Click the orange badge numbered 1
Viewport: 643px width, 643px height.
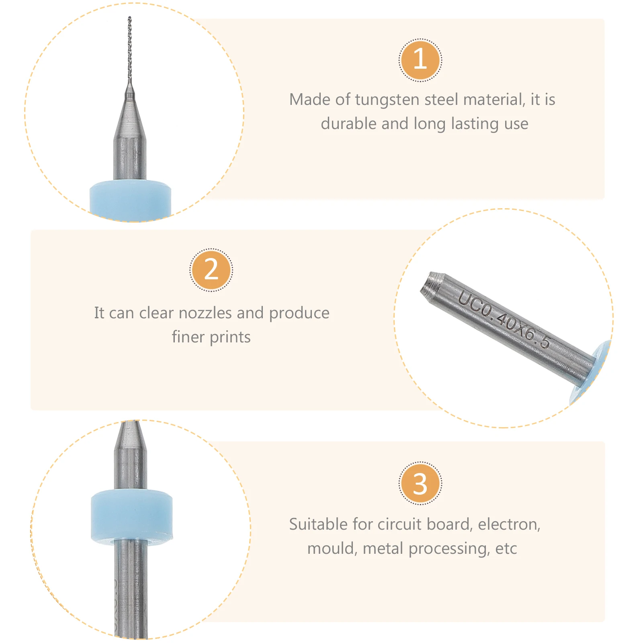[x=420, y=60]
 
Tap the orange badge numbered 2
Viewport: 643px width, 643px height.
[x=211, y=270]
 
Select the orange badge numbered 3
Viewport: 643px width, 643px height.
[x=420, y=483]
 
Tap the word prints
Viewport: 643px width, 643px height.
[x=230, y=338]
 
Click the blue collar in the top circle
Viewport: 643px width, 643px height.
[x=130, y=200]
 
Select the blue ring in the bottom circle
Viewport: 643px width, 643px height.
[x=132, y=514]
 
